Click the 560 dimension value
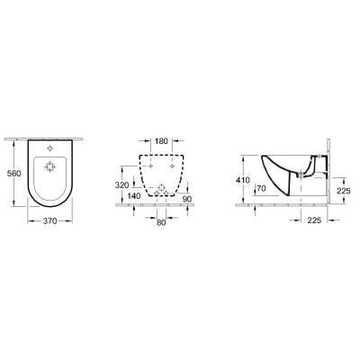click(13, 174)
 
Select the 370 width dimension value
click(49, 221)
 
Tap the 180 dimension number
click(161, 141)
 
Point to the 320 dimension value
click(121, 185)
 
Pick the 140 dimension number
click(134, 196)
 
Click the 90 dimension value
click(187, 199)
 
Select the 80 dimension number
click(161, 222)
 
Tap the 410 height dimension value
click(243, 180)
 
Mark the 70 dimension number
click(261, 188)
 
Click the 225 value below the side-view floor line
click(314, 220)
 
